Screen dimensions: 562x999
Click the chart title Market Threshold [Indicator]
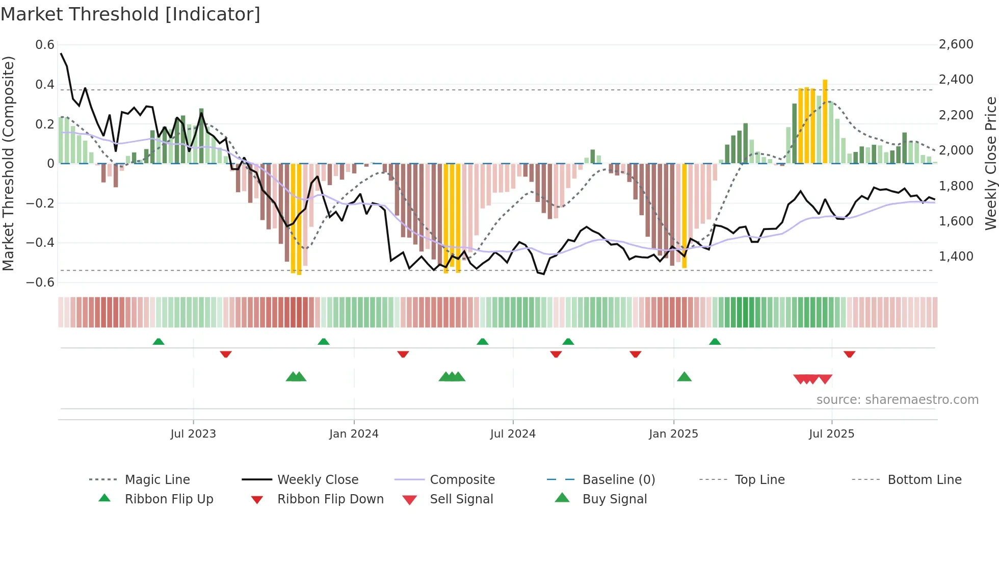pos(130,14)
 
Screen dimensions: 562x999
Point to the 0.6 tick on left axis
pos(45,45)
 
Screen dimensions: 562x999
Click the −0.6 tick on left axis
pos(41,283)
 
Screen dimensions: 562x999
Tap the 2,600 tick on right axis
pos(956,44)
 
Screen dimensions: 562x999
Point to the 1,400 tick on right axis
pos(956,256)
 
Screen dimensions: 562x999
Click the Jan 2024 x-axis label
pos(354,434)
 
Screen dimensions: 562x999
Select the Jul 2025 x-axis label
pos(831,434)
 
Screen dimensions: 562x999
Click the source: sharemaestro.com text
pos(897,400)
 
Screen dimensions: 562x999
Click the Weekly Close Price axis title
pos(990,163)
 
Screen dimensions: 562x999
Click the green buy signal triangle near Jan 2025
pos(684,377)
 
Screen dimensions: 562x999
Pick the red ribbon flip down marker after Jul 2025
pos(849,354)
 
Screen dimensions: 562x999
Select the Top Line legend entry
pos(759,479)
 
